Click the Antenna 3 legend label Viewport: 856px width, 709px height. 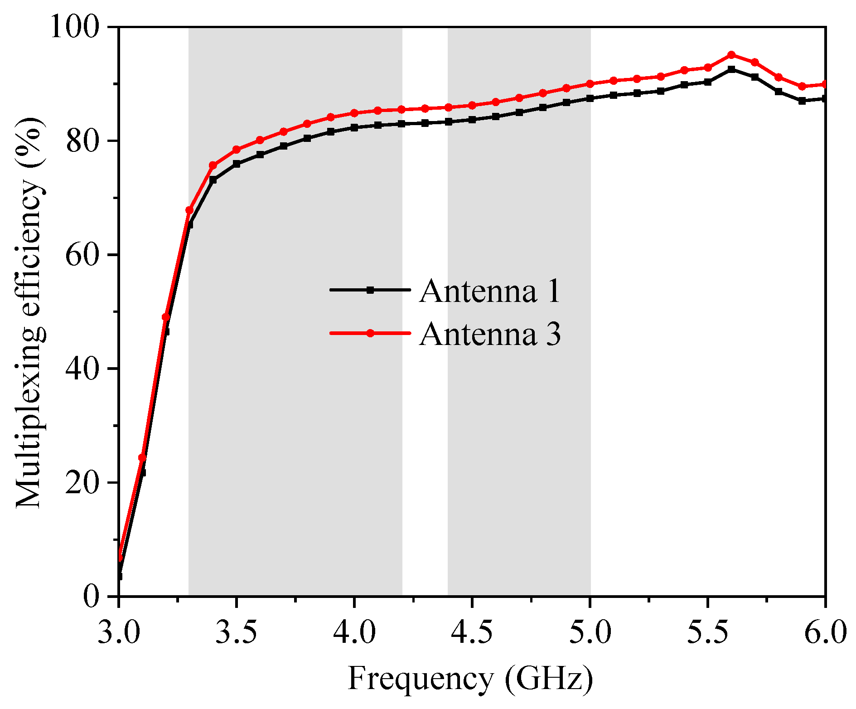[x=490, y=334]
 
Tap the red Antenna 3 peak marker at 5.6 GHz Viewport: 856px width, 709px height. [x=731, y=55]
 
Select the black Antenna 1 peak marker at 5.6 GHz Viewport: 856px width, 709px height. [x=731, y=69]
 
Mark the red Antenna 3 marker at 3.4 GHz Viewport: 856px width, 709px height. [x=213, y=165]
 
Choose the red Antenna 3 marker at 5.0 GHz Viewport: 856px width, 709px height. [x=590, y=84]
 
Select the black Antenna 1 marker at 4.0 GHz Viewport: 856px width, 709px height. [x=354, y=128]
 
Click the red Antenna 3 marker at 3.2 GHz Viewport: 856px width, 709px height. [x=166, y=317]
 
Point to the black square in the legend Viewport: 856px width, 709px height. [x=370, y=290]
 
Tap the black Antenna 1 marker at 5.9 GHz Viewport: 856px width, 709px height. [x=802, y=101]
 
